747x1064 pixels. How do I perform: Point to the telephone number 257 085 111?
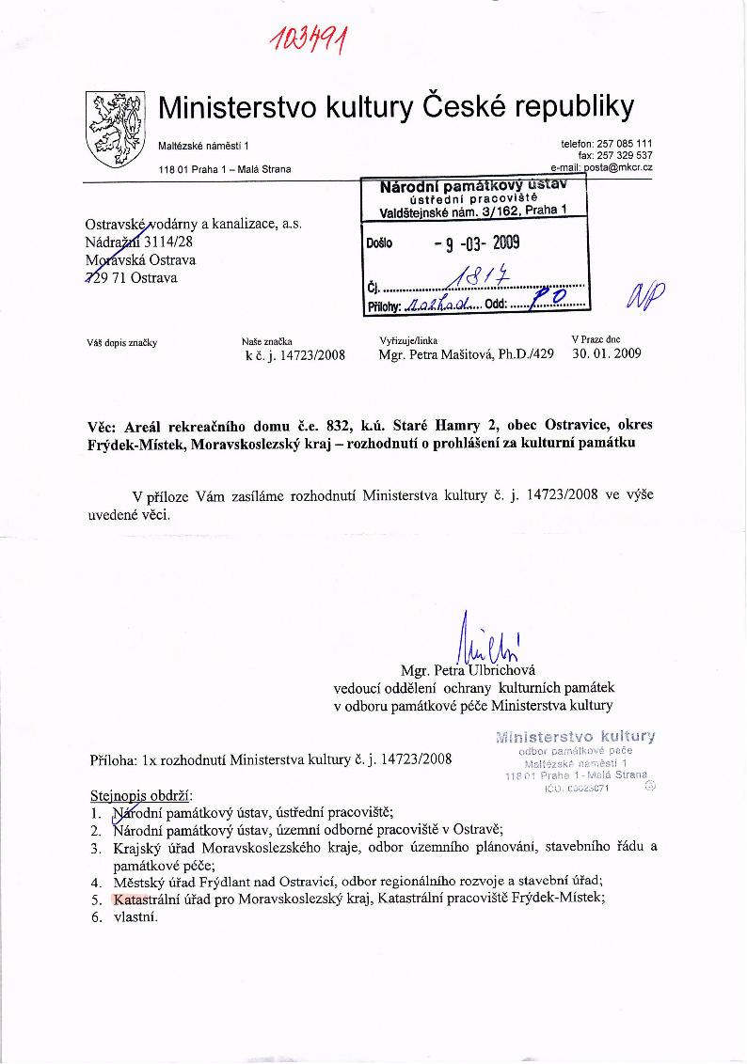[x=625, y=144]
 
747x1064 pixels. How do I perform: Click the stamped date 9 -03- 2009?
[x=476, y=244]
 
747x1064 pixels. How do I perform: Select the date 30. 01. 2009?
[x=606, y=354]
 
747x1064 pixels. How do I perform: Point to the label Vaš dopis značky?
[x=121, y=342]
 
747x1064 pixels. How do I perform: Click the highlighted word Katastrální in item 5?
[x=143, y=898]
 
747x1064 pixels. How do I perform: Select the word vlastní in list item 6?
[x=135, y=916]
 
